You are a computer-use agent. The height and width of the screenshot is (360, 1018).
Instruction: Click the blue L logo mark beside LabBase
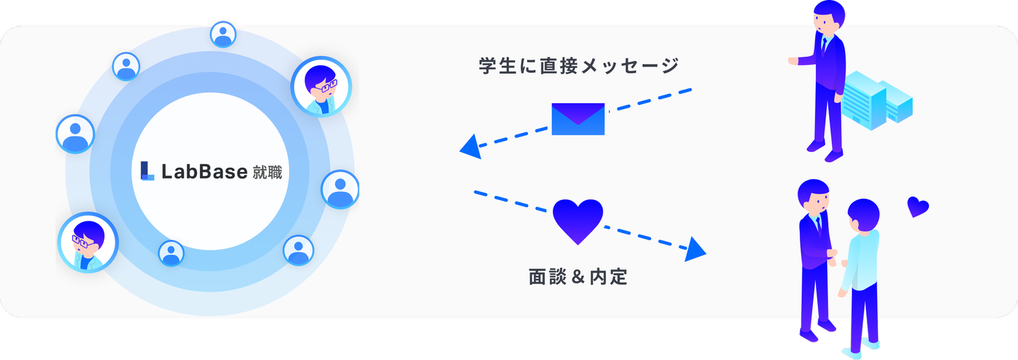[x=147, y=170]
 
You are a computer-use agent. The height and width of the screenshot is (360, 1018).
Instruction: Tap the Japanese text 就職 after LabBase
[x=267, y=172]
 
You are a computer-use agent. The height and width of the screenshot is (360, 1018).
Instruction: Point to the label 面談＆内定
[x=578, y=277]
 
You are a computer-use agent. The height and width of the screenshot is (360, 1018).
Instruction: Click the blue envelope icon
[x=578, y=119]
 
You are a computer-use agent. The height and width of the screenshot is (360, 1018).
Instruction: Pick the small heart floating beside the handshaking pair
[x=918, y=207]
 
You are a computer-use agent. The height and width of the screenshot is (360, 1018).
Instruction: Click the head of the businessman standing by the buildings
[x=829, y=16]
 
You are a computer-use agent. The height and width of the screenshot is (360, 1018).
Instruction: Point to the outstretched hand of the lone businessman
[x=793, y=61]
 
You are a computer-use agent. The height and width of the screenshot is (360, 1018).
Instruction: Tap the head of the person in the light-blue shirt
[x=862, y=215]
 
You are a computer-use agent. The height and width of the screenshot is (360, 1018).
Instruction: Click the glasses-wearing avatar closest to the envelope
[x=321, y=86]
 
